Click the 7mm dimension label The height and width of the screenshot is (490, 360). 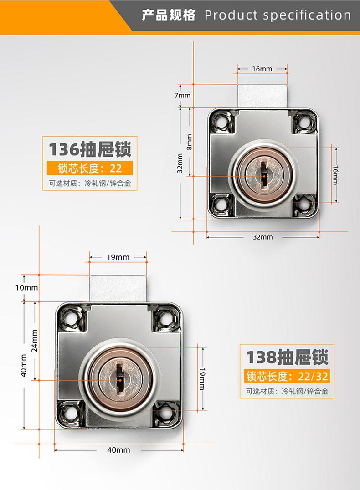click(x=182, y=95)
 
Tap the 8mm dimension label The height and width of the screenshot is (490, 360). click(x=189, y=142)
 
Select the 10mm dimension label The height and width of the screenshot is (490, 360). click(x=26, y=287)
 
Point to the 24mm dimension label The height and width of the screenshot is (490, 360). click(x=34, y=341)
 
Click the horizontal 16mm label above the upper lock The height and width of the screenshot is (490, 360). click(x=262, y=69)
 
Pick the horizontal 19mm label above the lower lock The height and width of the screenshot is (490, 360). click(x=118, y=257)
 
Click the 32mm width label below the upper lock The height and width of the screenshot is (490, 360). click(x=263, y=237)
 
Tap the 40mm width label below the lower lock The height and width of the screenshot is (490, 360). click(x=118, y=450)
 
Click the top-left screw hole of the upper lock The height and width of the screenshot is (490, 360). click(x=222, y=121)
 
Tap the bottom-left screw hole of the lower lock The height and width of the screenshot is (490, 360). click(x=70, y=413)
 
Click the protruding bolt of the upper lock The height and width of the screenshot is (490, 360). click(x=262, y=96)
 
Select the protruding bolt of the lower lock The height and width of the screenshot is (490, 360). click(x=118, y=288)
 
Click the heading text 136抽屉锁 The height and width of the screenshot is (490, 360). click(x=90, y=149)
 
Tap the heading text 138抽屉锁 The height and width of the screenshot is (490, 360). click(x=287, y=357)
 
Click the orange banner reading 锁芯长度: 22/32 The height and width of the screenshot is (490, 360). click(x=287, y=376)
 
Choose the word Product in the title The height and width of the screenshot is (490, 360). click(x=231, y=15)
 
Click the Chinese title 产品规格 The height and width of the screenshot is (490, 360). click(x=169, y=15)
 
